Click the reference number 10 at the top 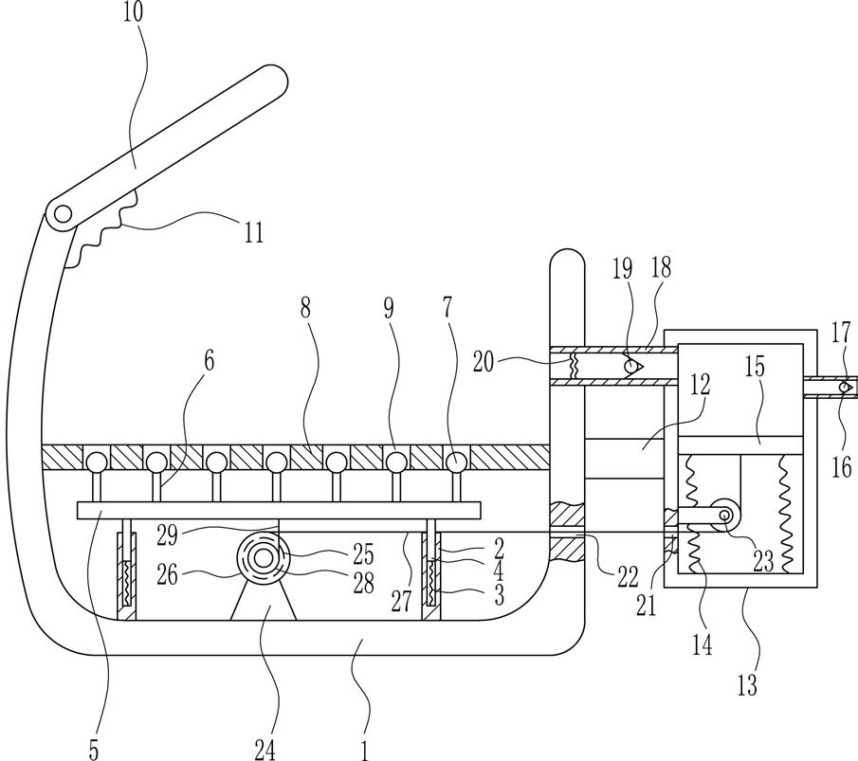tap(133, 12)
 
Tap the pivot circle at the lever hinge tap(64, 214)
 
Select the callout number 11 tap(253, 232)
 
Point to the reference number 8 tap(305, 309)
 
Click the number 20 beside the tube tap(484, 362)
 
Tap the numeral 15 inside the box tap(755, 367)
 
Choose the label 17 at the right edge tap(842, 333)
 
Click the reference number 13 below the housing tap(747, 685)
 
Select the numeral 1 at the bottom tap(365, 750)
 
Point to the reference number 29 tap(168, 535)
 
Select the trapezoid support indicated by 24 tap(264, 601)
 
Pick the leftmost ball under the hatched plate tap(96, 462)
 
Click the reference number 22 tap(628, 575)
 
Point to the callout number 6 tap(209, 362)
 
